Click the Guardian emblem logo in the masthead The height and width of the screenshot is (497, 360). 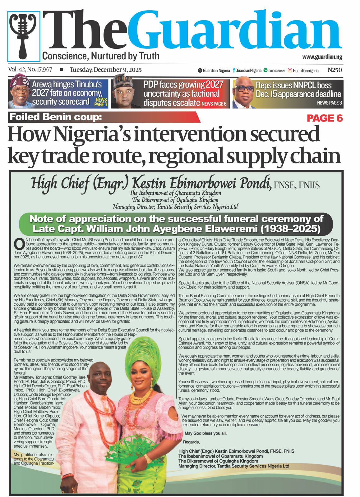24,36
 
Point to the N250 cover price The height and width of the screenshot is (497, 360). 335,70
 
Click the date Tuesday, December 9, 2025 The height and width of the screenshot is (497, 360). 106,70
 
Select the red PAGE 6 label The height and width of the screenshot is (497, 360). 325,118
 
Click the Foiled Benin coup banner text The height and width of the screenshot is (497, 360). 56,117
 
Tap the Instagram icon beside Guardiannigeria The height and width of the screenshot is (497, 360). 290,71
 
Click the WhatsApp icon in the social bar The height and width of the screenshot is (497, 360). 265,71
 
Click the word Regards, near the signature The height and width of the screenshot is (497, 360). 192,442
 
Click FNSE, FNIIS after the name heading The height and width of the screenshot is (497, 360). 296,185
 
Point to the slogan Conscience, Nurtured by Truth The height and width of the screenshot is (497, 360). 101,56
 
